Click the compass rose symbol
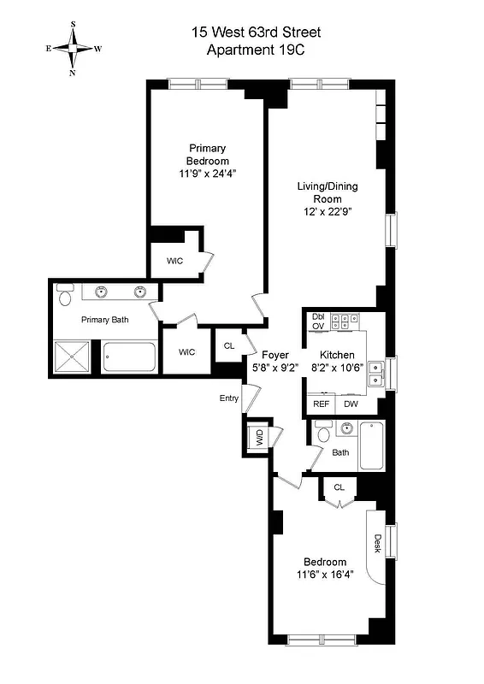[x=74, y=49]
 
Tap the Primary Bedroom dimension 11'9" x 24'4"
[x=208, y=174]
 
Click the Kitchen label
[x=339, y=355]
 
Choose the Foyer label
[x=275, y=355]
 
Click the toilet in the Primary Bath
[x=65, y=298]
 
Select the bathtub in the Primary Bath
[x=129, y=357]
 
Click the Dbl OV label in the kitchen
[x=317, y=321]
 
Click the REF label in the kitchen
[x=321, y=404]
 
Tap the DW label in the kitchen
[x=351, y=404]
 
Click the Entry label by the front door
[x=229, y=398]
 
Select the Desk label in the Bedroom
[x=377, y=544]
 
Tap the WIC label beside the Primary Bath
[x=186, y=351]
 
